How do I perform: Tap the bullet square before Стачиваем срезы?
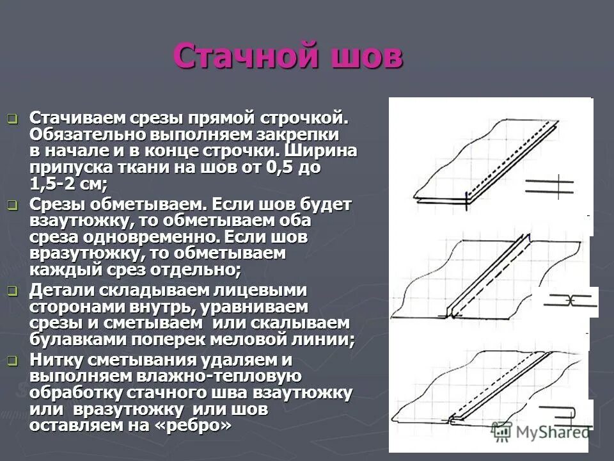pos(12,118)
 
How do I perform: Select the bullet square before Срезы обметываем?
pos(12,205)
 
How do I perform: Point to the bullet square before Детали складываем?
pos(12,291)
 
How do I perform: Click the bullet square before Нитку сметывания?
pos(12,360)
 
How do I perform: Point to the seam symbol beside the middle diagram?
pos(565,301)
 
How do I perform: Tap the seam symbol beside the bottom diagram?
pos(567,414)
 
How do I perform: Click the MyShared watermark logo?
pos(541,431)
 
